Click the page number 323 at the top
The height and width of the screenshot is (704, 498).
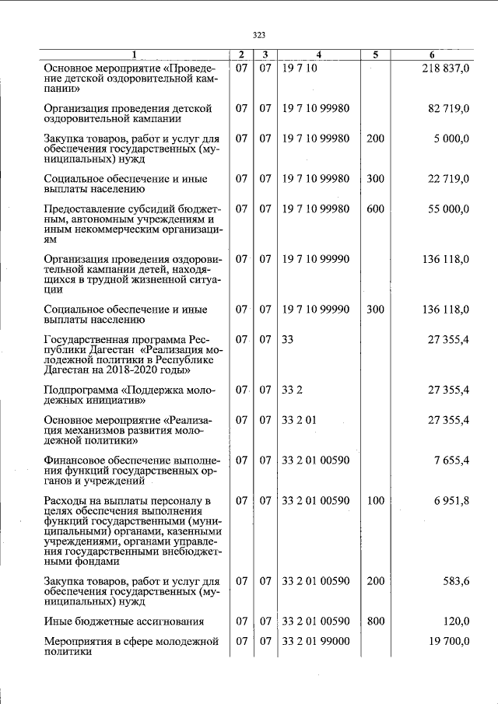(260, 34)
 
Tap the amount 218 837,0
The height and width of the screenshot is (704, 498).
(445, 68)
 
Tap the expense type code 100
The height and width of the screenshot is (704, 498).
(375, 499)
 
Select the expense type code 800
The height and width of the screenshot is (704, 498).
(375, 621)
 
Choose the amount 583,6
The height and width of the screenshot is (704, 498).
(454, 580)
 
